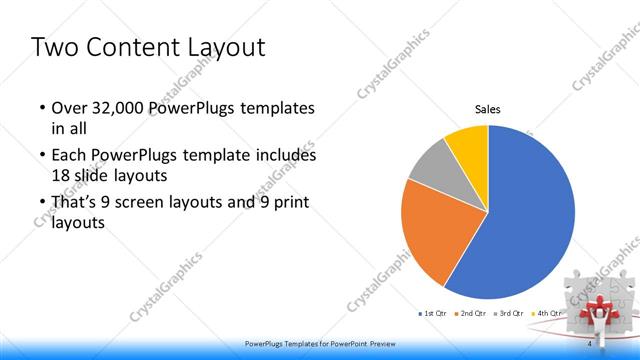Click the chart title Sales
tap(487, 110)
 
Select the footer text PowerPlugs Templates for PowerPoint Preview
tap(319, 345)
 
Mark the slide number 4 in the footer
tap(589, 345)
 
